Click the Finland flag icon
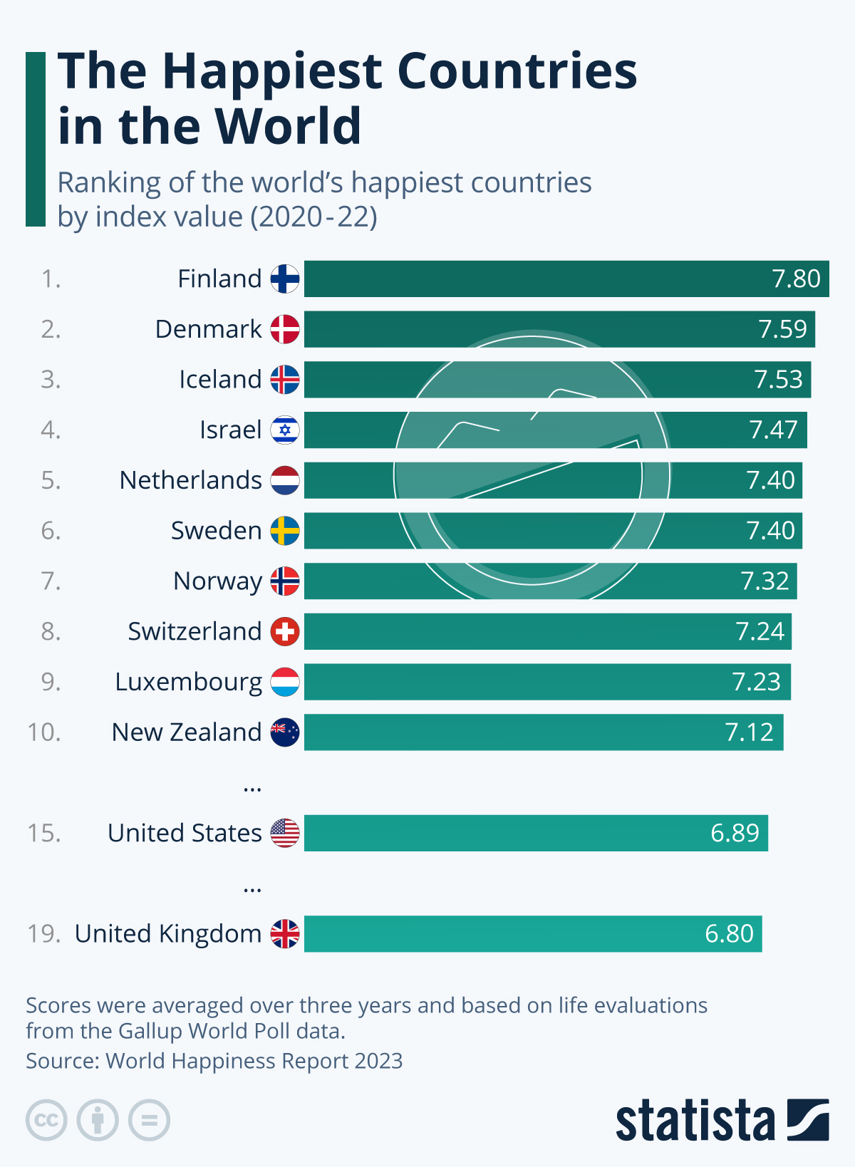pos(285,279)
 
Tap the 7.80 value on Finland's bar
pos(796,279)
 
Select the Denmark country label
pos(208,329)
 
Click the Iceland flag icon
pos(285,380)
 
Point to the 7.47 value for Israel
pos(773,430)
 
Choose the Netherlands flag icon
pos(285,480)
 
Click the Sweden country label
pos(216,531)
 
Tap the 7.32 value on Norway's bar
pos(765,581)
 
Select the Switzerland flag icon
pos(285,632)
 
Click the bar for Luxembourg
pos(513,682)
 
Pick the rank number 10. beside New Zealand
pos(43,732)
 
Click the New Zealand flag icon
pos(285,732)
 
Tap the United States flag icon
pos(285,833)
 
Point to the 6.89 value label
pos(735,833)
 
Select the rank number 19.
pos(43,933)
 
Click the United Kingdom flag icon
pos(285,933)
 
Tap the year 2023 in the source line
pos(378,1061)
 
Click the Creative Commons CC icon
pos(46,1120)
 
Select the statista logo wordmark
pos(695,1121)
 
